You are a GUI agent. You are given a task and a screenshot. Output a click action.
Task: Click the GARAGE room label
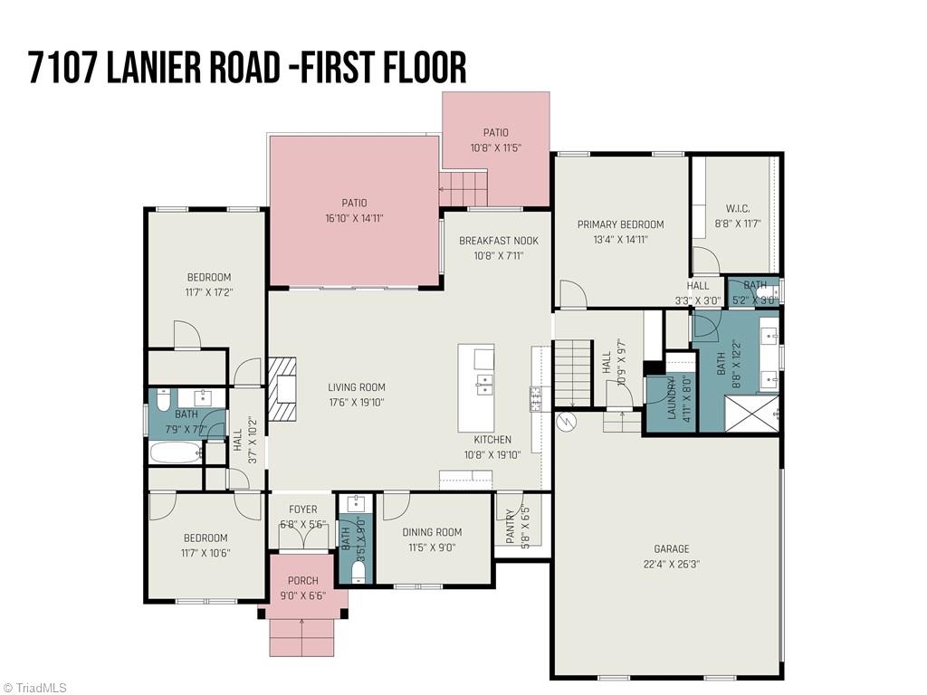click(x=671, y=548)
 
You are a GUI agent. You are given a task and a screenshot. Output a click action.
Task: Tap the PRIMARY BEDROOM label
click(x=620, y=224)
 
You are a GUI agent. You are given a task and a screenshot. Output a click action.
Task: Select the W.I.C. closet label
click(x=738, y=208)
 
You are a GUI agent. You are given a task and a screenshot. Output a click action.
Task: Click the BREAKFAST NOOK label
click(x=498, y=241)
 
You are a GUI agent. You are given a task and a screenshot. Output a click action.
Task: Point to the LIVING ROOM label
click(x=357, y=387)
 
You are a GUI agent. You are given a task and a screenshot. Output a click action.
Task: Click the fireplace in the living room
click(x=282, y=390)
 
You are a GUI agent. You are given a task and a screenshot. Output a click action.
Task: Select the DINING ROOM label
click(x=432, y=532)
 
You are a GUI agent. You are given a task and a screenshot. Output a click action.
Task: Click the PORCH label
click(x=302, y=580)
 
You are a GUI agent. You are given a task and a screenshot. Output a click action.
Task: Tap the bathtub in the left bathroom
click(x=177, y=452)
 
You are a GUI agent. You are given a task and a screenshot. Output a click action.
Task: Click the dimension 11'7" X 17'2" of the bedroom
click(x=209, y=293)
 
